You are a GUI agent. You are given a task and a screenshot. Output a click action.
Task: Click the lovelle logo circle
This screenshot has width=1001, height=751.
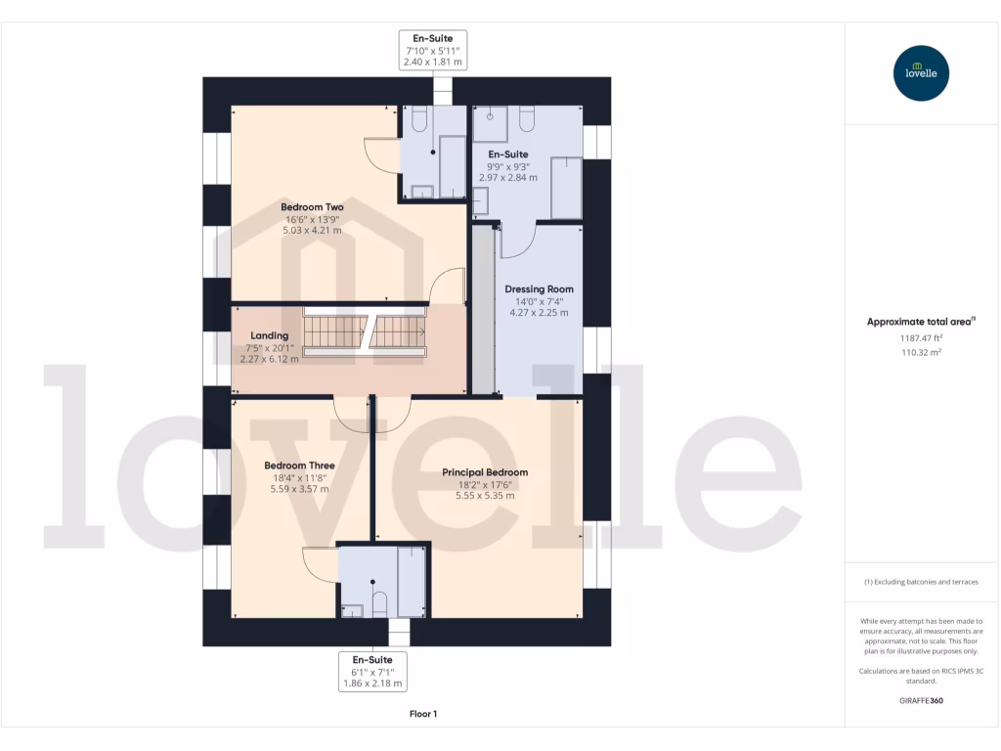click(x=921, y=73)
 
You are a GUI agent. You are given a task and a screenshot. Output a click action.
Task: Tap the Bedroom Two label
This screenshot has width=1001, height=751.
click(x=312, y=207)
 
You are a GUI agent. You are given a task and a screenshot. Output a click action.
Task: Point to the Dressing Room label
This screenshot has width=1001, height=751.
click(x=539, y=289)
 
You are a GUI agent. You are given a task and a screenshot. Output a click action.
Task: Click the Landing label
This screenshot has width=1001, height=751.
click(x=269, y=335)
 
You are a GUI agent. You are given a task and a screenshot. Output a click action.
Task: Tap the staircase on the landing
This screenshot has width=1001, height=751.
click(x=364, y=331)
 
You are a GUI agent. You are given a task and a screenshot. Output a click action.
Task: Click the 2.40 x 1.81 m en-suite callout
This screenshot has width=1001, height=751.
click(x=432, y=62)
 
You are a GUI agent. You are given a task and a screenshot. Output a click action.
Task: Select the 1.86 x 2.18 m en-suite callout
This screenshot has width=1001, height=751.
click(x=371, y=684)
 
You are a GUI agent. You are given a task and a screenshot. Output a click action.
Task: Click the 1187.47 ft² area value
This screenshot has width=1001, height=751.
click(x=920, y=337)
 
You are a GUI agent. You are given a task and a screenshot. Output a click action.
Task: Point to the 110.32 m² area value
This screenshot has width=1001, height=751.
click(x=920, y=352)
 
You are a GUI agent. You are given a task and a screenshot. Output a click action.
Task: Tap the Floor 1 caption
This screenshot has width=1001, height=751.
click(x=422, y=714)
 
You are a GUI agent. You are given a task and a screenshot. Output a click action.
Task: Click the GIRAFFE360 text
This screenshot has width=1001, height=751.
click(x=920, y=701)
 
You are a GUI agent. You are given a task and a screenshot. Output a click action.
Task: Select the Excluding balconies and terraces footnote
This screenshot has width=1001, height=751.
click(x=920, y=582)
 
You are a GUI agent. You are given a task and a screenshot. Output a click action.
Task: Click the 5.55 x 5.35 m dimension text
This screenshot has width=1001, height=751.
click(x=484, y=496)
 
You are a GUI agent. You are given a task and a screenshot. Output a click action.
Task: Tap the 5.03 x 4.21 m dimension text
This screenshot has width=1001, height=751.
click(x=312, y=231)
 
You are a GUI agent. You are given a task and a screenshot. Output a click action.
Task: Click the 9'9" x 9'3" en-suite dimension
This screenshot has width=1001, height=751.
click(x=507, y=166)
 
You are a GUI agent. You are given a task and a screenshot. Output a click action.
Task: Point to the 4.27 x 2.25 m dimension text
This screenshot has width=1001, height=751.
click(x=539, y=313)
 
